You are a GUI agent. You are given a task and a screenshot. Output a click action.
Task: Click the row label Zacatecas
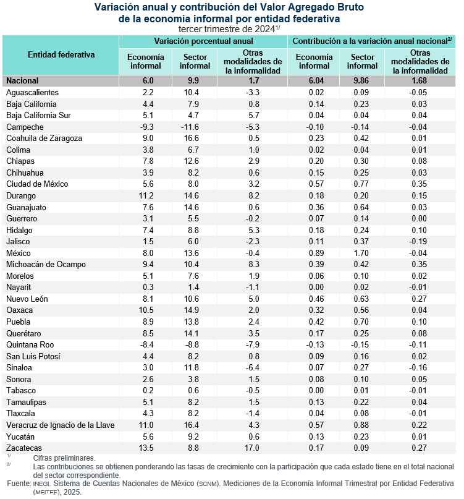pyautogui.click(x=24, y=447)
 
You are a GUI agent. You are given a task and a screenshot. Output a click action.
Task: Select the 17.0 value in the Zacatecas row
pyautogui.click(x=251, y=447)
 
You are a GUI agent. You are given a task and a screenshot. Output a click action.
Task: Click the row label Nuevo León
pyautogui.click(x=27, y=299)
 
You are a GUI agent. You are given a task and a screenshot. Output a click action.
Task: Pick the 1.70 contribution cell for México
pyautogui.click(x=363, y=253)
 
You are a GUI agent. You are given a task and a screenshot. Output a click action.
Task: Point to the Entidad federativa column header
pyautogui.click(x=61, y=54)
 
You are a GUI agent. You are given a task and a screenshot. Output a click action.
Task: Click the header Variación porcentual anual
pyautogui.click(x=203, y=41)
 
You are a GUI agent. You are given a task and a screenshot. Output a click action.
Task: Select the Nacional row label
pyautogui.click(x=22, y=80)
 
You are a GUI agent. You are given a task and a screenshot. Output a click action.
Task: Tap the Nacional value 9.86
pyautogui.click(x=363, y=80)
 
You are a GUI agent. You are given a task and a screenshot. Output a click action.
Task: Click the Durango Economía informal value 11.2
pyautogui.click(x=143, y=195)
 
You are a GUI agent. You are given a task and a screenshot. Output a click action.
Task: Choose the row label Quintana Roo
pyautogui.click(x=30, y=344)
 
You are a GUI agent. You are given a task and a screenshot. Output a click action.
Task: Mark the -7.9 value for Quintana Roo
pyautogui.click(x=251, y=344)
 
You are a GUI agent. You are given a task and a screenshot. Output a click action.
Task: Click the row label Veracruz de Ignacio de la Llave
pyautogui.click(x=61, y=425)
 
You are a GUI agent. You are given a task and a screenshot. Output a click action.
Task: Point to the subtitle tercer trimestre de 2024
pyautogui.click(x=229, y=28)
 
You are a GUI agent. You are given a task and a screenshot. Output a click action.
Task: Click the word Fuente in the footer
pyautogui.click(x=19, y=483)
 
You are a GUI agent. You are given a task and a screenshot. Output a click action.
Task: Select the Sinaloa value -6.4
pyautogui.click(x=251, y=367)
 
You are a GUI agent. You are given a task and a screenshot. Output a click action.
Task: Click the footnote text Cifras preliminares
pyautogui.click(x=59, y=458)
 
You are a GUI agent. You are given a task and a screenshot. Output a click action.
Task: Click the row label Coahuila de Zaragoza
pyautogui.click(x=44, y=138)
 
